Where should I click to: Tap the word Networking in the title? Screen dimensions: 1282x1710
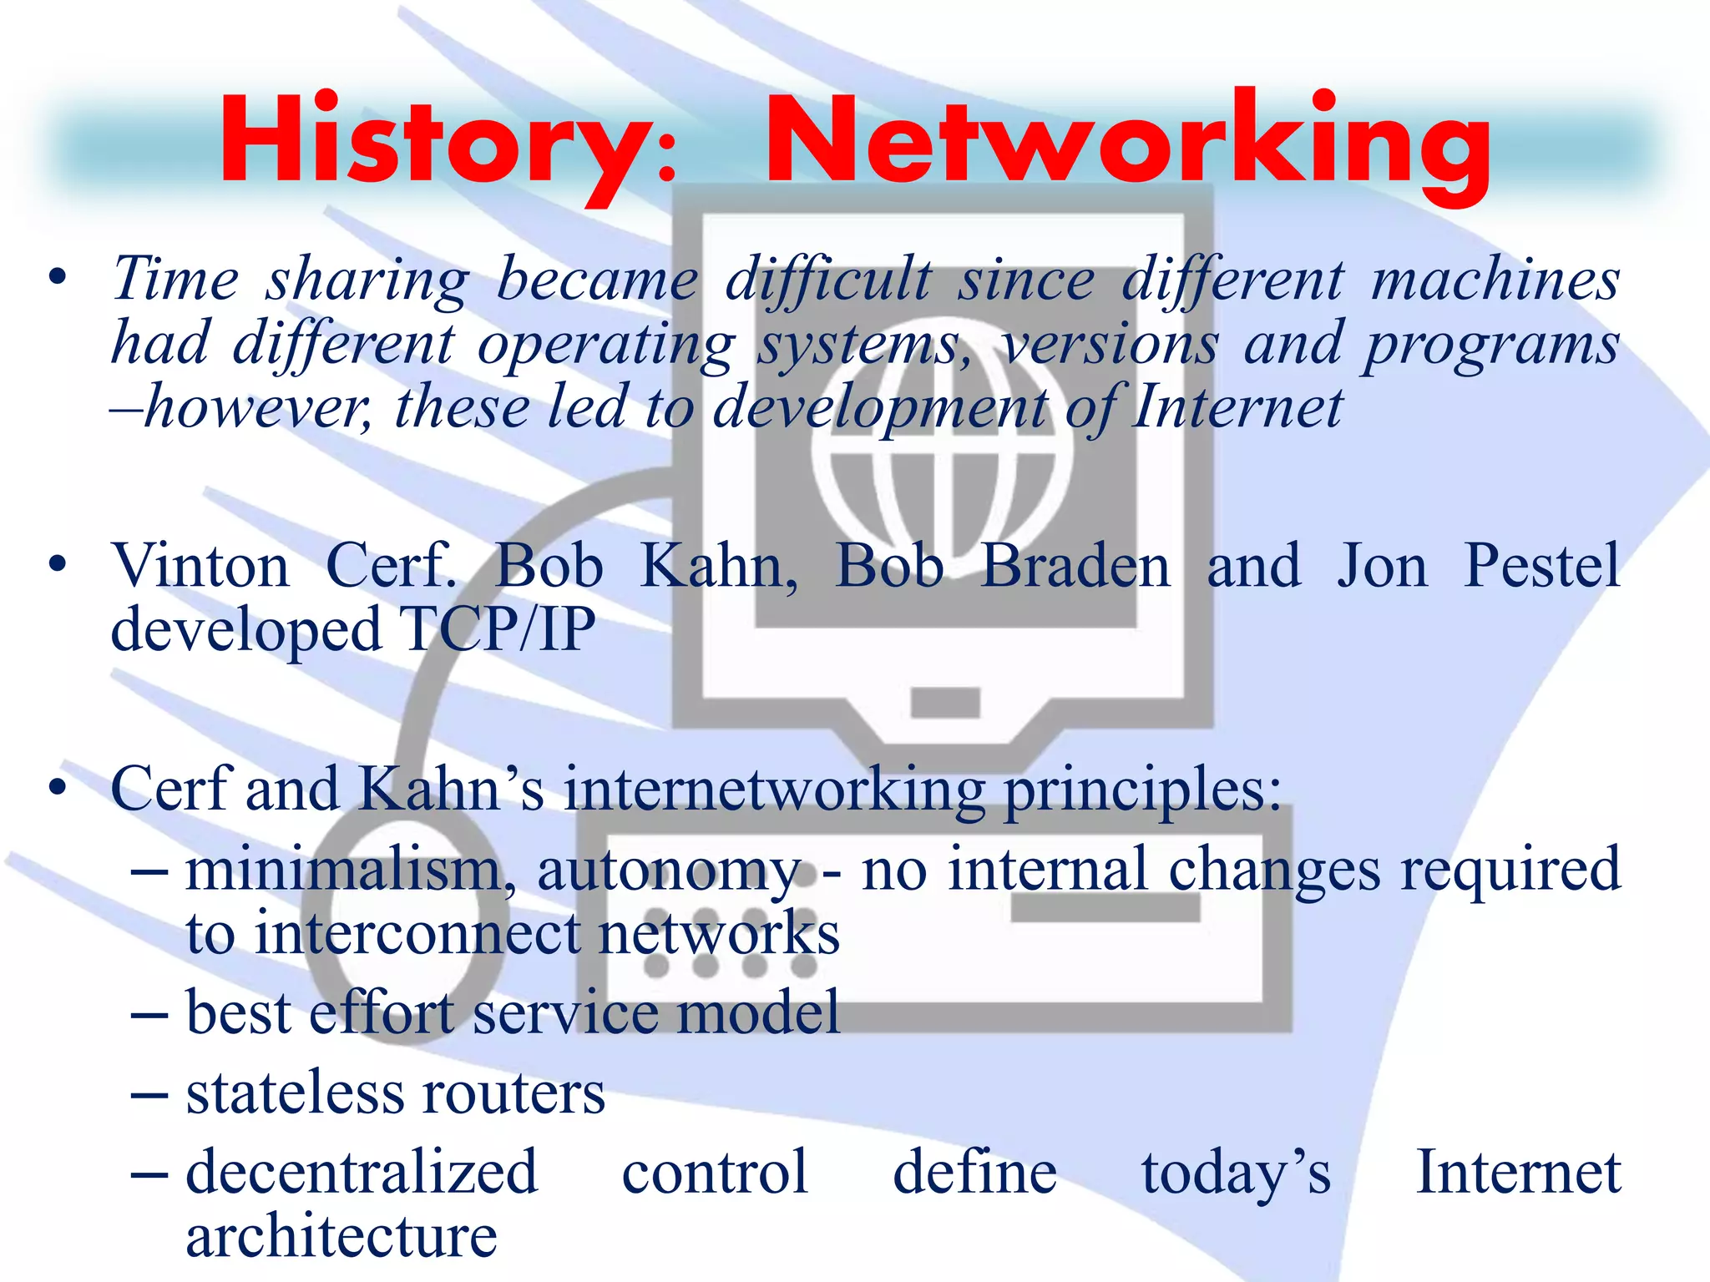1127,142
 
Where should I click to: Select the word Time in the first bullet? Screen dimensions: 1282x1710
175,280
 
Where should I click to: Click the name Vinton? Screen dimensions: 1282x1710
200,566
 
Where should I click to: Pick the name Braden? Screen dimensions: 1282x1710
1075,566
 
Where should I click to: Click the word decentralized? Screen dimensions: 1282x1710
362,1172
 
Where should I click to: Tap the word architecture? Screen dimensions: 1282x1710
341,1237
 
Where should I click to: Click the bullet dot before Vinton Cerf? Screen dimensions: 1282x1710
57,566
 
